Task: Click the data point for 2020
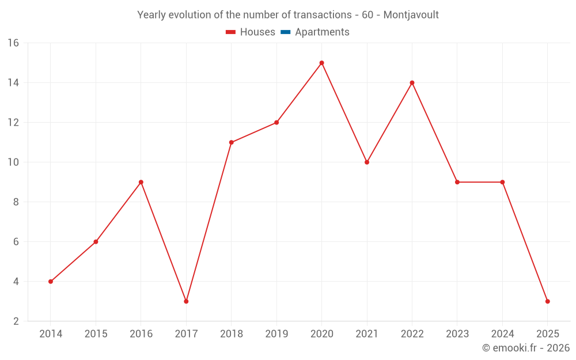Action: tap(321, 63)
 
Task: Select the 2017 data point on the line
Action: tap(186, 301)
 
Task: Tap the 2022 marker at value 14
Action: tap(412, 82)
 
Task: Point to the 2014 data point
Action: tap(51, 282)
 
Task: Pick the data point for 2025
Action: tap(547, 301)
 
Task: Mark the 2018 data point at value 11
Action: tap(231, 142)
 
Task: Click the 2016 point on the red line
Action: tap(141, 182)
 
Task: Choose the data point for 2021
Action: tap(367, 162)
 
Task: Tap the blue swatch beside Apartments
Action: tap(285, 32)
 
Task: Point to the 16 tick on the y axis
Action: tap(13, 43)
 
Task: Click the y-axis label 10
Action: tap(13, 162)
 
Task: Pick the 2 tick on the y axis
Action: tap(16, 321)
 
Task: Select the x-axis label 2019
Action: tap(276, 334)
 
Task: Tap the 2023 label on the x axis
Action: tap(457, 334)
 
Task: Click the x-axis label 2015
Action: tap(96, 334)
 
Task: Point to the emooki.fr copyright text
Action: tap(526, 348)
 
